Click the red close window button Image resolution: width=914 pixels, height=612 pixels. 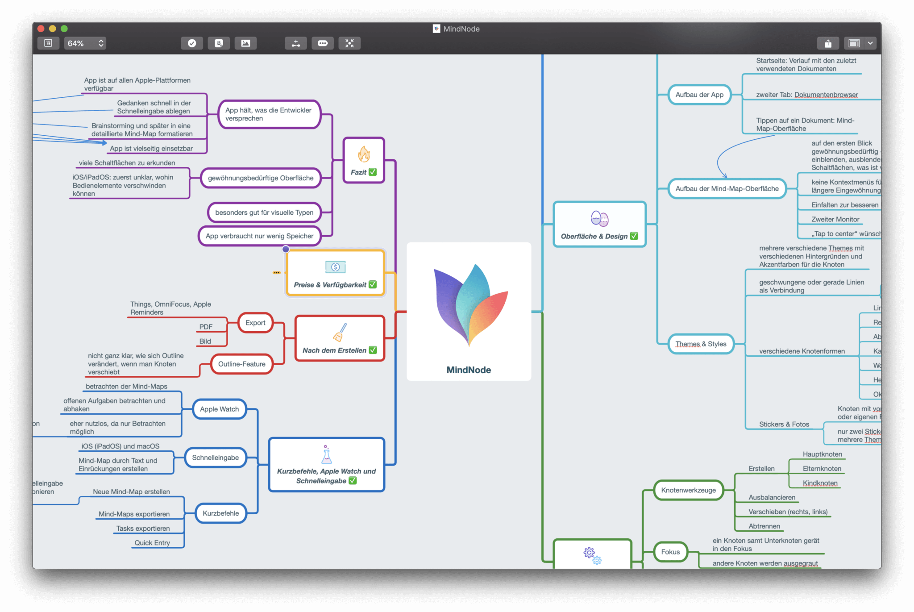click(x=41, y=29)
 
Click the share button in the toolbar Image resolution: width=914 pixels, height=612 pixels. click(x=828, y=43)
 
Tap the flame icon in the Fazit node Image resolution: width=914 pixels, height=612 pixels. click(x=364, y=154)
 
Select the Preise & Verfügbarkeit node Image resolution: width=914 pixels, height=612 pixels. click(x=335, y=273)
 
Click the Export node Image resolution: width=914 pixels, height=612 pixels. click(x=255, y=323)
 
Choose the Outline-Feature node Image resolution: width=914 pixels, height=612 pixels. click(x=241, y=364)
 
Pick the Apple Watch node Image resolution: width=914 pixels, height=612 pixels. click(x=219, y=409)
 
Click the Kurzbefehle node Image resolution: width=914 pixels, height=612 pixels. click(x=220, y=513)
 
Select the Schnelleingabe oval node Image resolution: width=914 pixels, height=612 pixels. click(x=215, y=458)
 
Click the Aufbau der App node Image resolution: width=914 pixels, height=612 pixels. click(x=699, y=95)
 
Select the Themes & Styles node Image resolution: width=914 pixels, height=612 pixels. click(x=701, y=344)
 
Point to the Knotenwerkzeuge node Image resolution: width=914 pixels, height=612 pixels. click(x=688, y=490)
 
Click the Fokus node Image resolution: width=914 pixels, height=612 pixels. click(x=670, y=552)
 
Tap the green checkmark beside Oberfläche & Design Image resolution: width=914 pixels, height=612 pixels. click(x=634, y=236)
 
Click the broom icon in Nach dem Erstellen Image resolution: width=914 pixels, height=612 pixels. click(x=340, y=333)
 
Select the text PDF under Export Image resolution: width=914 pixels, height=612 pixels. click(x=206, y=327)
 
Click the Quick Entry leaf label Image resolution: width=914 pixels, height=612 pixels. click(x=152, y=543)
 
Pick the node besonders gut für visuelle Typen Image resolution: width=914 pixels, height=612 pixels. click(x=264, y=212)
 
